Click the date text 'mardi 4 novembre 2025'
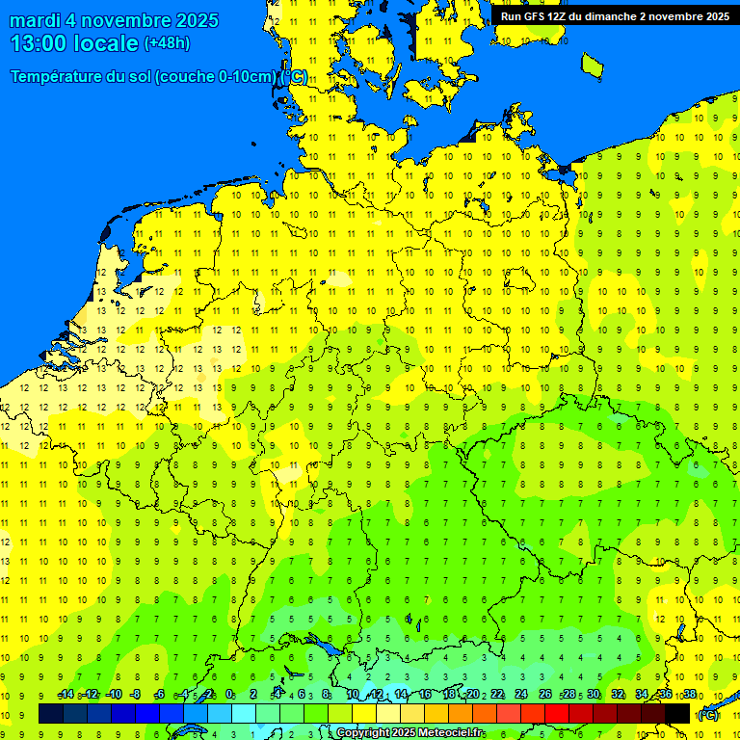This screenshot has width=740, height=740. [114, 20]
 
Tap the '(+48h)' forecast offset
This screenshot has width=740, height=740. [167, 43]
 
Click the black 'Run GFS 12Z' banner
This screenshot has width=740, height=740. [614, 15]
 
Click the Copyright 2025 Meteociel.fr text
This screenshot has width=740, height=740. [410, 733]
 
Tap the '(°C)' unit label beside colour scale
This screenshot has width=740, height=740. [707, 715]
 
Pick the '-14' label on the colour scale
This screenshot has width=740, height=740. [66, 695]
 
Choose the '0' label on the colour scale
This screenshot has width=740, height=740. [229, 695]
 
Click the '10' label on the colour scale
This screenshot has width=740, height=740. [352, 695]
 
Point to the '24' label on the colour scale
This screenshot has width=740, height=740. [521, 695]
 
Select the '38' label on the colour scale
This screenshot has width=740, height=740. [690, 695]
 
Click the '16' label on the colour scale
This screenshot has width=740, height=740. [425, 695]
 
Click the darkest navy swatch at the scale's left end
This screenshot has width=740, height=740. [51, 713]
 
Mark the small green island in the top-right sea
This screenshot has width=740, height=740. [593, 64]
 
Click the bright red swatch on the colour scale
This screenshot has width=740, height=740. [557, 713]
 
